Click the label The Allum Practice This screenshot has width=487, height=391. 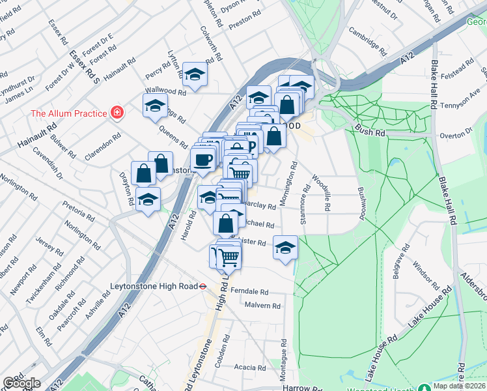click(68, 113)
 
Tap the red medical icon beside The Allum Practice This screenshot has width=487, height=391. click(117, 113)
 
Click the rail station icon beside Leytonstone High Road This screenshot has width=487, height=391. click(203, 285)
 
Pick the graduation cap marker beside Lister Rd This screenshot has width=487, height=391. click(285, 248)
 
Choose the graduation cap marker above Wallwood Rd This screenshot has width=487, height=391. click(195, 74)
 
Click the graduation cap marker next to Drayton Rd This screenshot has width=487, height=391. click(148, 199)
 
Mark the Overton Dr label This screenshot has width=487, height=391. click(455, 135)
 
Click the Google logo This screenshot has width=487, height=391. click(21, 383)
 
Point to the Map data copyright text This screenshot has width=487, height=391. click(460, 385)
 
